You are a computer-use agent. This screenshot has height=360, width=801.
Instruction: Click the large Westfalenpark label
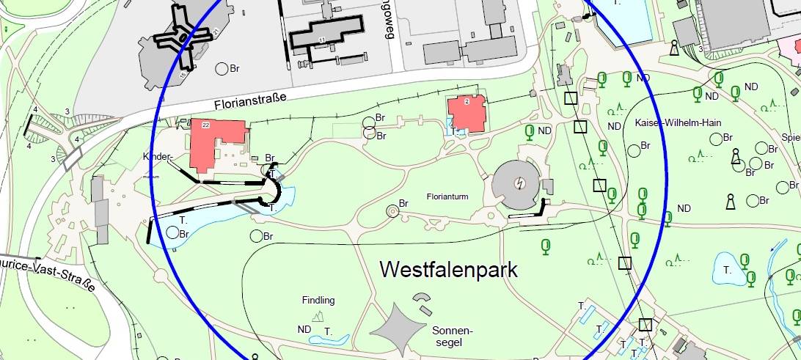tap(448, 270)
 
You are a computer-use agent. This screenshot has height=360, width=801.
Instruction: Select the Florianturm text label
tap(447, 197)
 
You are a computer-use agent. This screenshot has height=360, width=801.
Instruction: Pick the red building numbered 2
tap(467, 114)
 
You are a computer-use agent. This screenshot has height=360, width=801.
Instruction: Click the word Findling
tap(318, 300)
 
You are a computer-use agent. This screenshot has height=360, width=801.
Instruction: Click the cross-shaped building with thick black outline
tap(181, 36)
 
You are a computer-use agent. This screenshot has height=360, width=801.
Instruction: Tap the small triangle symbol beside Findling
tap(318, 316)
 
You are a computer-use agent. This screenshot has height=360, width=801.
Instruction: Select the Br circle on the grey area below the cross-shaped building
tap(221, 70)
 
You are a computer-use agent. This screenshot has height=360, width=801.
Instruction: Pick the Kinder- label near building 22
tap(157, 157)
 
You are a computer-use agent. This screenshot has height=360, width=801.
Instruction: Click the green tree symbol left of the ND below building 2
tap(528, 132)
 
